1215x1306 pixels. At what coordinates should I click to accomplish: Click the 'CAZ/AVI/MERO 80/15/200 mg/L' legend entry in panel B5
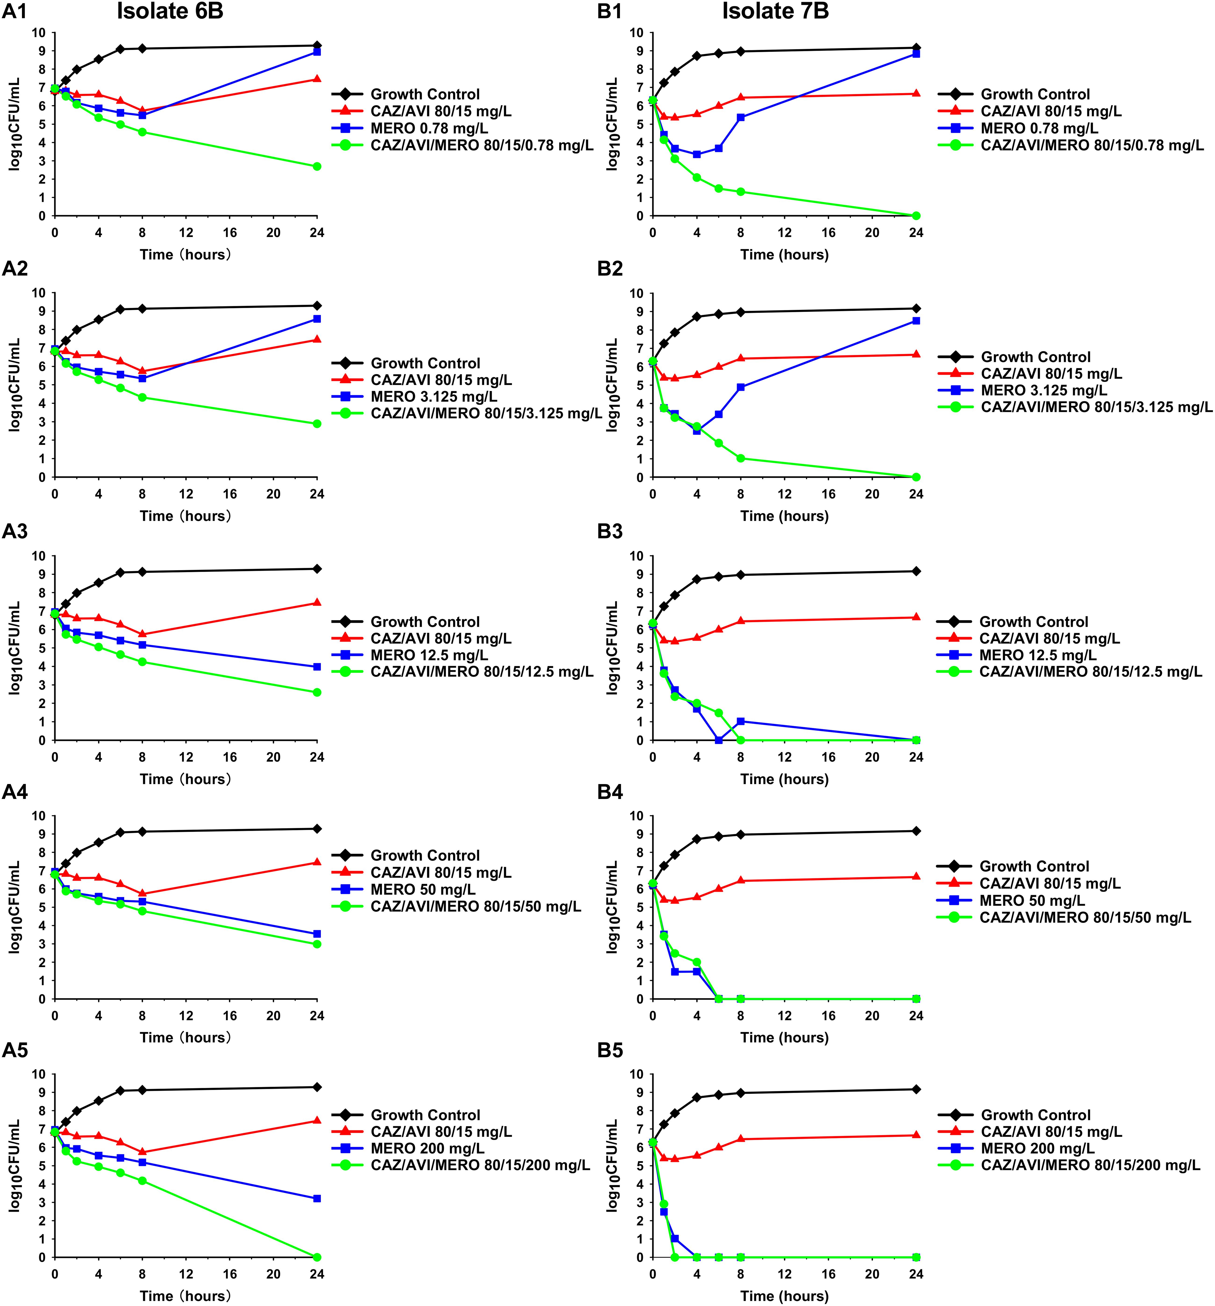tap(1090, 1166)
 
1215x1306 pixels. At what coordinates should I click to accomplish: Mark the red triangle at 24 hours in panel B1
tap(916, 93)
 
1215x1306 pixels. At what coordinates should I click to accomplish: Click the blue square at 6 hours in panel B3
tap(718, 740)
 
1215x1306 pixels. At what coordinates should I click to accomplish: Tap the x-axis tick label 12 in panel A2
tap(186, 494)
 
